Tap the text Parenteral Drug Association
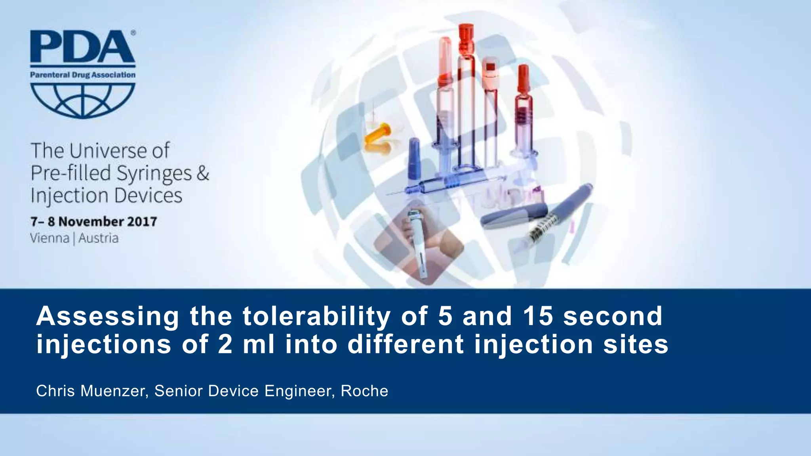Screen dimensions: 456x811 click(83, 75)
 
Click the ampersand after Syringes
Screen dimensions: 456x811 click(203, 173)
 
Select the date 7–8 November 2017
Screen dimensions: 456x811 click(94, 221)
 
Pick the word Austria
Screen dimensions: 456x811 click(98, 238)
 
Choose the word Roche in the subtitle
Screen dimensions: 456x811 click(364, 391)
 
